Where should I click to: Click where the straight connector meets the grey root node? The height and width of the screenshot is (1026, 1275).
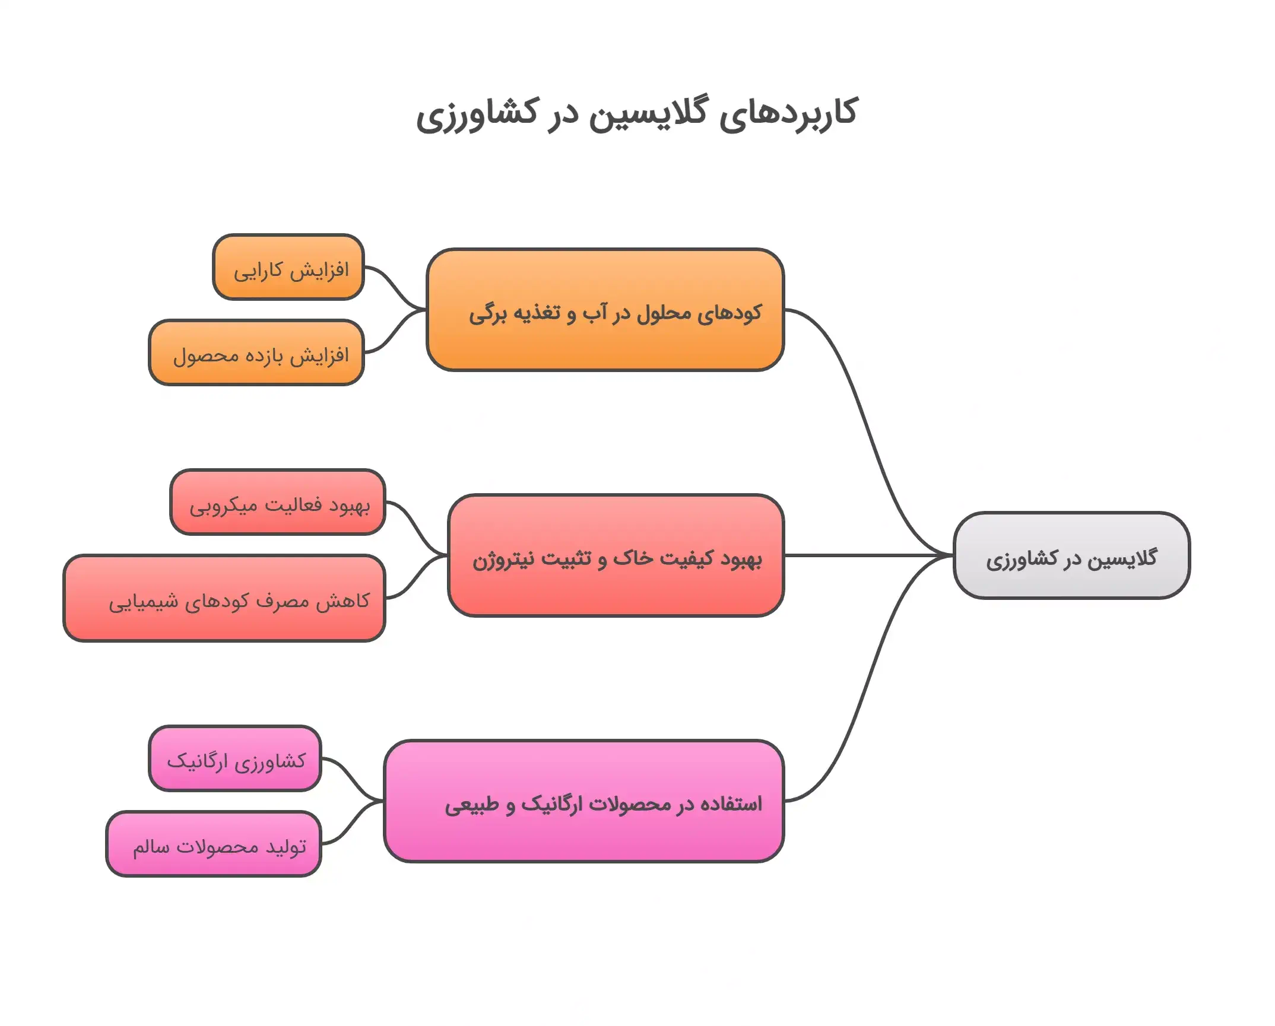953,555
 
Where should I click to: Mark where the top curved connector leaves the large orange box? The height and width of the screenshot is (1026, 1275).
784,310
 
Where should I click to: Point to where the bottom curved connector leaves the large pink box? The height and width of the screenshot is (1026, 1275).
784,801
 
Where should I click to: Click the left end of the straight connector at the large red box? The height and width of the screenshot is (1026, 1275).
784,555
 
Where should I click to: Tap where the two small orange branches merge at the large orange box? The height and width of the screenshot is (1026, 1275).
426,310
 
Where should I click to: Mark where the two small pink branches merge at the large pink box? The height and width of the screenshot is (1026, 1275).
383,801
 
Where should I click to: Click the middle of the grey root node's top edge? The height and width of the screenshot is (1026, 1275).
1071,513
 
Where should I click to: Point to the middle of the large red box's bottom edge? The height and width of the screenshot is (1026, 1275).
616,616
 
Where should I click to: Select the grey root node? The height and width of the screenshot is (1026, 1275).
1071,555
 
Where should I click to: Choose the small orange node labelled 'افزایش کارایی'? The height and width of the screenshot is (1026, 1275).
288,267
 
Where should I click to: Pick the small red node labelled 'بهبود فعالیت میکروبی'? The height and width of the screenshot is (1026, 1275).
278,502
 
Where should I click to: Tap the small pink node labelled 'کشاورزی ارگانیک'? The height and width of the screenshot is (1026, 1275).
235,758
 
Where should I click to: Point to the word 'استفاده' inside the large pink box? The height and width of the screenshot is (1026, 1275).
731,804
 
